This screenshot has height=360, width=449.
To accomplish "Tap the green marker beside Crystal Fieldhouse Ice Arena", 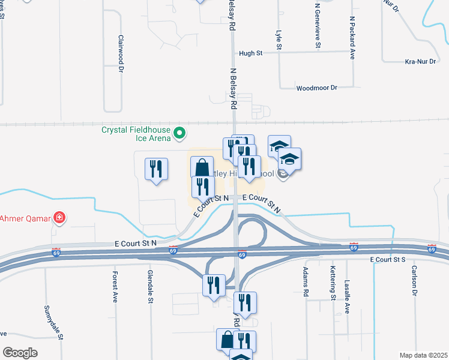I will (179, 133).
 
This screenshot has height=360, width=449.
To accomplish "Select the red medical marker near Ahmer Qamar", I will (59, 217).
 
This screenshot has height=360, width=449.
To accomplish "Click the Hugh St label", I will (251, 53).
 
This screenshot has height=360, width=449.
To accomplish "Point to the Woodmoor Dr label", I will (317, 88).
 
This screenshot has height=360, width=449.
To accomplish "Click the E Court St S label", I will (388, 259).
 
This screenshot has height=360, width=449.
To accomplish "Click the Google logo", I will (20, 353).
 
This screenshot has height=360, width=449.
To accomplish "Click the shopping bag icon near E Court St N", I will (202, 167).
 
